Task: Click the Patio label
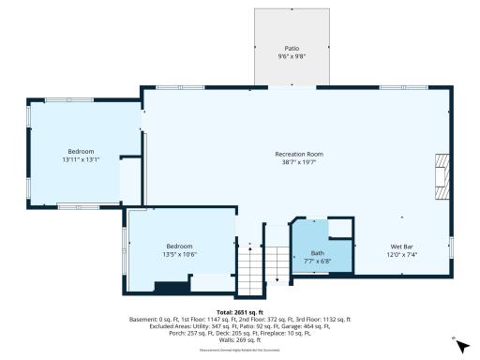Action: click(292, 48)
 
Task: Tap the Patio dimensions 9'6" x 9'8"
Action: click(292, 55)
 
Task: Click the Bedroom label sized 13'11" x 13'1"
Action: click(81, 152)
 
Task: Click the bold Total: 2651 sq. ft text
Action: click(240, 312)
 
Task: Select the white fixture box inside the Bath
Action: click(340, 230)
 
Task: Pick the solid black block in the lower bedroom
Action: click(171, 286)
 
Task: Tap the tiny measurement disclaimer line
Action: click(240, 350)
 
